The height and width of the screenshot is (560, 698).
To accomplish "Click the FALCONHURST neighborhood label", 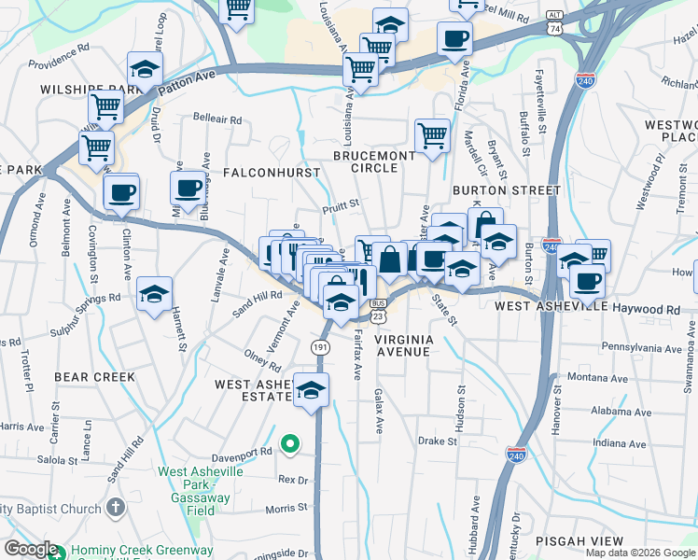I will coord(272,173).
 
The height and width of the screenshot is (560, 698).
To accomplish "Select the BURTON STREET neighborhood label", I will coord(506,189).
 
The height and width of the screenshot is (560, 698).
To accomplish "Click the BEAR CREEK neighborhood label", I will coord(94,377).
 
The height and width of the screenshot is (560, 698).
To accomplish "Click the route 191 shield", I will coord(320,346).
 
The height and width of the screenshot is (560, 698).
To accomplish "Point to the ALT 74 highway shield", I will coord(554,22).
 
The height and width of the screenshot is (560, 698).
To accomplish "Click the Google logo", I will coord(31,549).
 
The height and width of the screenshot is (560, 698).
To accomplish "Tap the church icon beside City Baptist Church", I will coord(115,508).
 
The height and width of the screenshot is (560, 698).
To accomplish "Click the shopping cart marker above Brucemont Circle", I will coord(432,134).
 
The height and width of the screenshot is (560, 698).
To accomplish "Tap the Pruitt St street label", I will coord(342,199).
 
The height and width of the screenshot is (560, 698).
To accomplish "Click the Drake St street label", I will coord(435,441).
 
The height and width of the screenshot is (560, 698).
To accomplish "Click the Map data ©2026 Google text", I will coord(639,553).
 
